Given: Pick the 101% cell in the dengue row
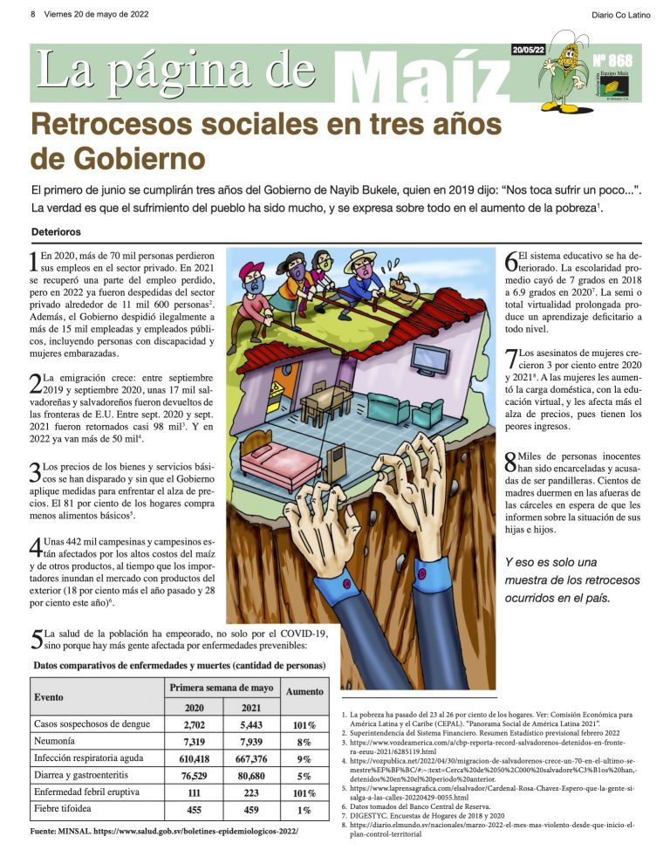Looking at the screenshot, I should (x=304, y=724).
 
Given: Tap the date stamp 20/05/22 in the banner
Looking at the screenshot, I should (x=529, y=51).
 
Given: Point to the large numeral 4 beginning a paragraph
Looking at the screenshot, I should (x=36, y=547).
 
